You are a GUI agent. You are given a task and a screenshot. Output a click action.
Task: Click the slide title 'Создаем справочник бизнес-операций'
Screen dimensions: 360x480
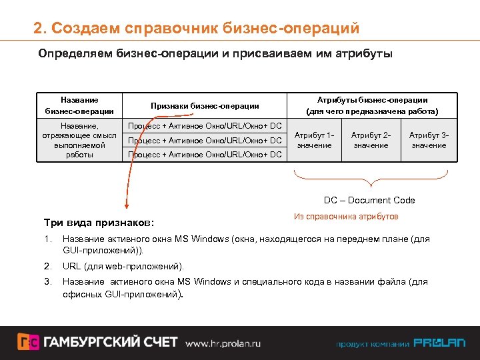click(197, 29)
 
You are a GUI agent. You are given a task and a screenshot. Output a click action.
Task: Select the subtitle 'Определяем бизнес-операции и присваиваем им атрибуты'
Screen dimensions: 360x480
click(215, 53)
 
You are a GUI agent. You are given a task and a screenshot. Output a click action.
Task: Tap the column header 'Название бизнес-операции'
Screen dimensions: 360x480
click(79, 105)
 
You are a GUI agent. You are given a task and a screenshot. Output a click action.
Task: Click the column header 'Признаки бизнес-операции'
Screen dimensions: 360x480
click(205, 105)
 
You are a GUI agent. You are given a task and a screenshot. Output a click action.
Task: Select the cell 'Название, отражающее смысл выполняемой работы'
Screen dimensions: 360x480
click(79, 140)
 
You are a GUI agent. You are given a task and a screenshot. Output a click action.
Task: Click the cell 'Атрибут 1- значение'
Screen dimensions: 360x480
click(314, 140)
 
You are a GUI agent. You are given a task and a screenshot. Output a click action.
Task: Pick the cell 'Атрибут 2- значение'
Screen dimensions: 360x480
click(371, 140)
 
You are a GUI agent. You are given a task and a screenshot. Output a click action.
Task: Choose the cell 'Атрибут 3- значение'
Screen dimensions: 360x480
click(429, 140)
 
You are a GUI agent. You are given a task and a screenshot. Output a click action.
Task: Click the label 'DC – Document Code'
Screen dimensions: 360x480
click(369, 200)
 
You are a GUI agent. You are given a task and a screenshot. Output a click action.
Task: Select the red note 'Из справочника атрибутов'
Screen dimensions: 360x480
click(346, 217)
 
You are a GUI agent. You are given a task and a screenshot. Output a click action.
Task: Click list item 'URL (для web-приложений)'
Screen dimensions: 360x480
click(123, 267)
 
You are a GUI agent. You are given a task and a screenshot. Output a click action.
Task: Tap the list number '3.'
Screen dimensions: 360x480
click(47, 281)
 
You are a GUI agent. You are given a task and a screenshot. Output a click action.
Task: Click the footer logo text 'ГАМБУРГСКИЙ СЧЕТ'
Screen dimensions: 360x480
click(111, 342)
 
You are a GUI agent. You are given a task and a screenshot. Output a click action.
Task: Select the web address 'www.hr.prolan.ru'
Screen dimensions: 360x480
click(223, 343)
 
